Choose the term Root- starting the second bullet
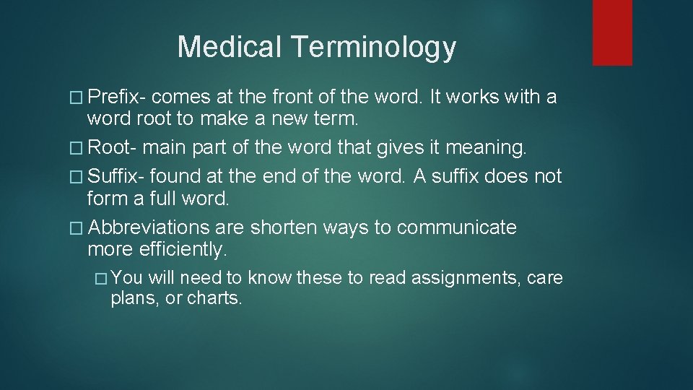coord(113,148)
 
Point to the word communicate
coord(457,227)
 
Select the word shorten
coord(284,227)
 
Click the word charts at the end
coord(214,298)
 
